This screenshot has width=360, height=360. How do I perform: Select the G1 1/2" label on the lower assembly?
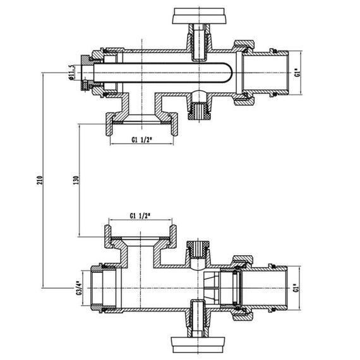pyautogui.click(x=140, y=217)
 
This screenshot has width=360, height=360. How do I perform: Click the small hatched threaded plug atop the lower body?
pyautogui.click(x=200, y=248)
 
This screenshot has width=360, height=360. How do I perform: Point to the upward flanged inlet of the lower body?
pyautogui.click(x=141, y=238)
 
